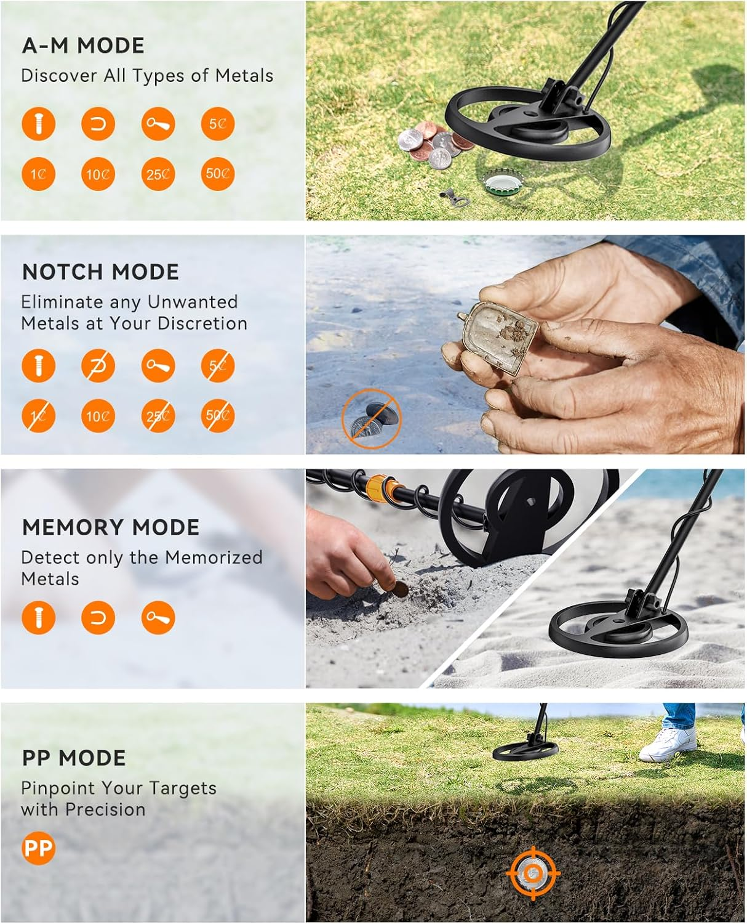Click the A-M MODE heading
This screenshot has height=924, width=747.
[x=83, y=46]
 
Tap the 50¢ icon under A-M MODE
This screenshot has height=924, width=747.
[x=217, y=174]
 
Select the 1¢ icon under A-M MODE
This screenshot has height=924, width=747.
[x=38, y=174]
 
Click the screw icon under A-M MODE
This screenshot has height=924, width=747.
[x=38, y=124]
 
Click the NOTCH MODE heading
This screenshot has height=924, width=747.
[x=100, y=272]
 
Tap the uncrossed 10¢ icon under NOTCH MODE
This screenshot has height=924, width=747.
[x=98, y=416]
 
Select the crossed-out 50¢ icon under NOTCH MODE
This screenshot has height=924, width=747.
[x=217, y=416]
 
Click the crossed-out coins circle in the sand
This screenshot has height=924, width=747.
[x=371, y=418]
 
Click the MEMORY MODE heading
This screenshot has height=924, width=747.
[x=111, y=527]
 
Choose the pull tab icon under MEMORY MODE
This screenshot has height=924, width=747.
[x=158, y=618]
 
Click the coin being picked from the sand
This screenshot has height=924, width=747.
[x=401, y=589]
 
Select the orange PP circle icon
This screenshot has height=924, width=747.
[x=38, y=848]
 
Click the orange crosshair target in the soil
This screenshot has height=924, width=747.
[x=533, y=873]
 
